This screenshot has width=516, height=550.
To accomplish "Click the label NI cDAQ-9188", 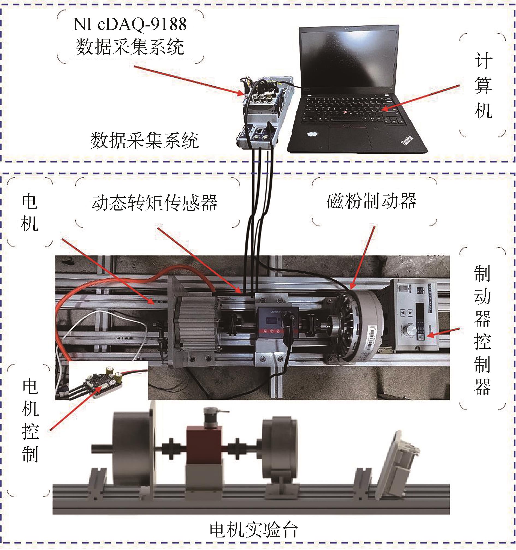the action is pyautogui.click(x=130, y=25).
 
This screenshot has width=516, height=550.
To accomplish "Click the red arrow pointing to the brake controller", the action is pyautogui.click(x=442, y=332).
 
